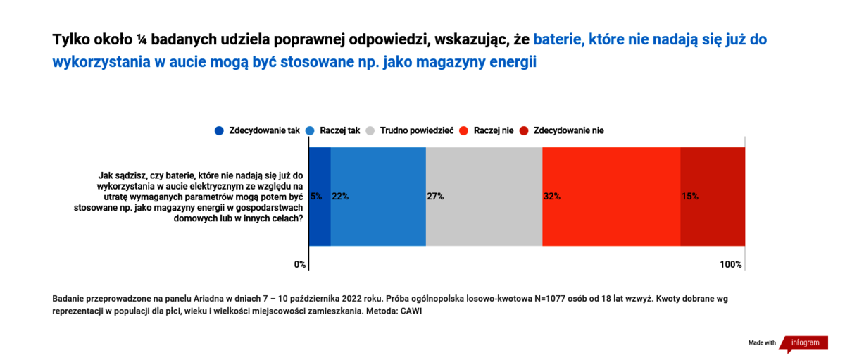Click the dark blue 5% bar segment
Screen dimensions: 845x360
click(320, 197)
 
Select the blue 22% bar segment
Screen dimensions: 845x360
click(378, 197)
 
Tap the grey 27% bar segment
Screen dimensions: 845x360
click(484, 197)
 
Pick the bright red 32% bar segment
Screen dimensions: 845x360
click(611, 197)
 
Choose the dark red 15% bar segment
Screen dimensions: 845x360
click(713, 197)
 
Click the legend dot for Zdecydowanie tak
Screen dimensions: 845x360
click(219, 130)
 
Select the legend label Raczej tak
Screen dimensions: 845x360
click(340, 130)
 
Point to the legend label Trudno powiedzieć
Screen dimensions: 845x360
click(417, 130)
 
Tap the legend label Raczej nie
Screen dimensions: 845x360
click(494, 130)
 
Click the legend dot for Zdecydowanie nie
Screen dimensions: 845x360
click(524, 130)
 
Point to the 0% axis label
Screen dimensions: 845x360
click(300, 264)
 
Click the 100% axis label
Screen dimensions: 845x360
click(731, 264)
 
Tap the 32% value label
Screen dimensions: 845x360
click(552, 197)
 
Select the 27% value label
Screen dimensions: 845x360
click(435, 197)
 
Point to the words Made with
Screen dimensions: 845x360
click(762, 342)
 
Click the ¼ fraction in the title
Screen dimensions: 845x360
click(142, 39)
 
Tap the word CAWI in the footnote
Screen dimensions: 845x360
click(411, 311)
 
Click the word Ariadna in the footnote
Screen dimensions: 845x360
click(208, 299)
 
